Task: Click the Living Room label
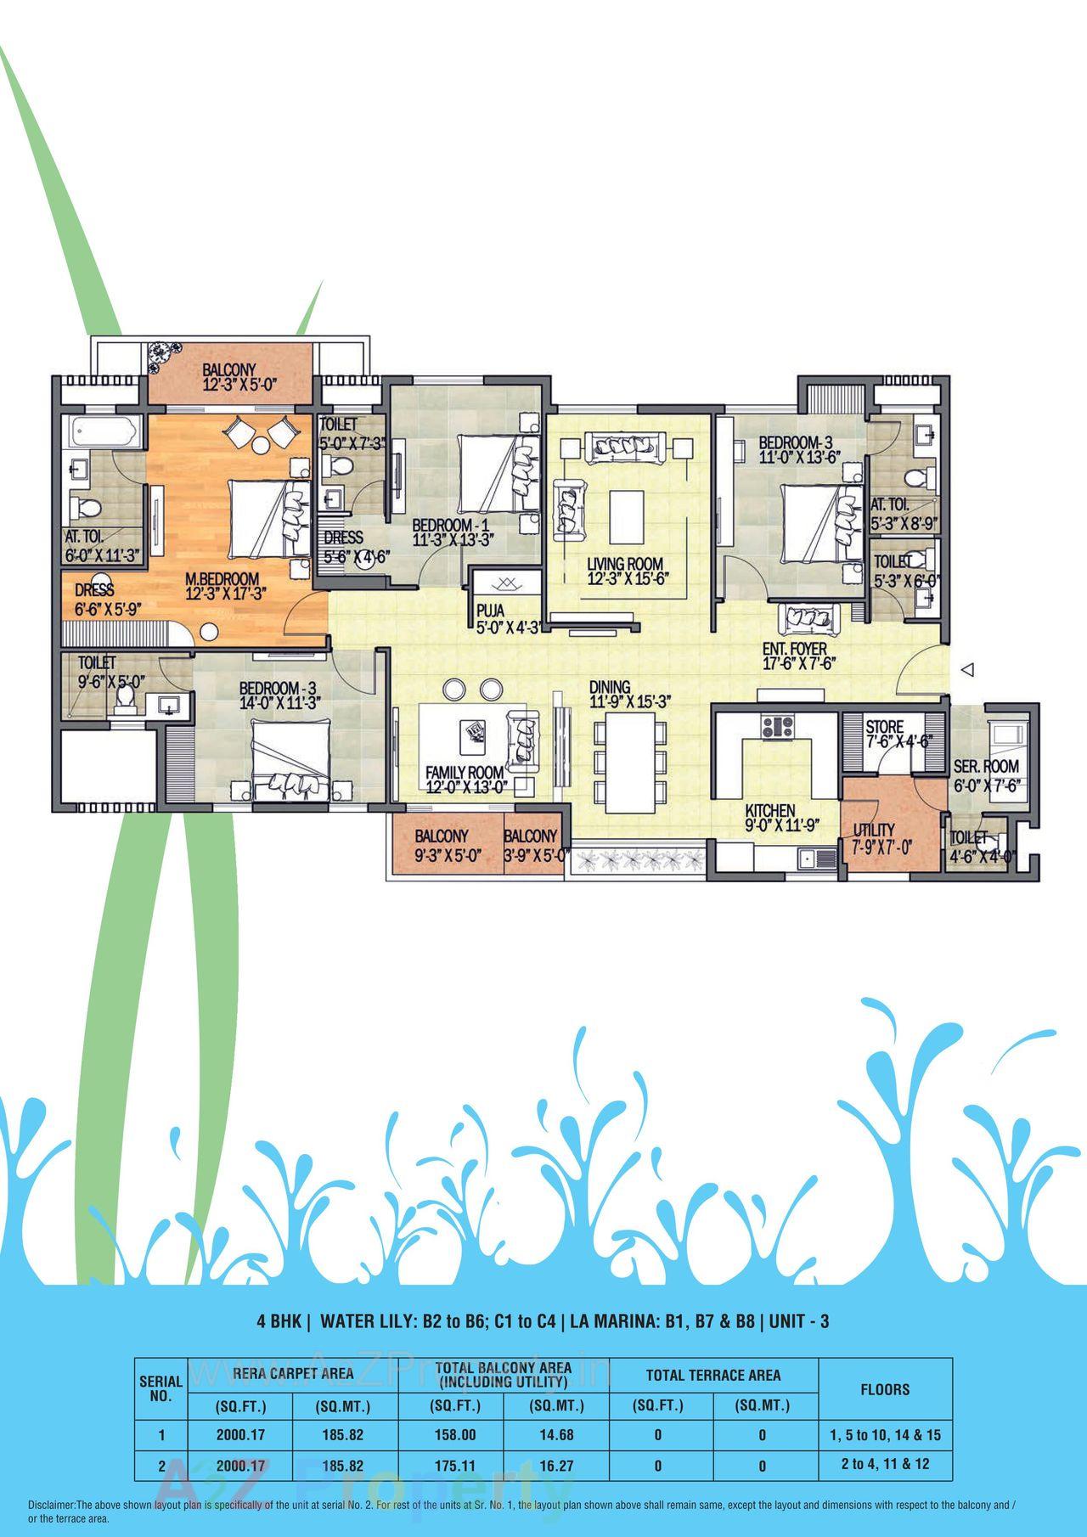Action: point(624,564)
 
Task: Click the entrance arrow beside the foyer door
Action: point(966,670)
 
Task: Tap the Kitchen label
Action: point(769,811)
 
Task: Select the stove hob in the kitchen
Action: point(777,727)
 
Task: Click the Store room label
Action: point(885,728)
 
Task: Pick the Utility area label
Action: point(873,830)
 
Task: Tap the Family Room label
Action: point(465,774)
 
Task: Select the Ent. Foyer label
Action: point(794,649)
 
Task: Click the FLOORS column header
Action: point(885,1390)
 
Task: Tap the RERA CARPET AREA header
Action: point(294,1373)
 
